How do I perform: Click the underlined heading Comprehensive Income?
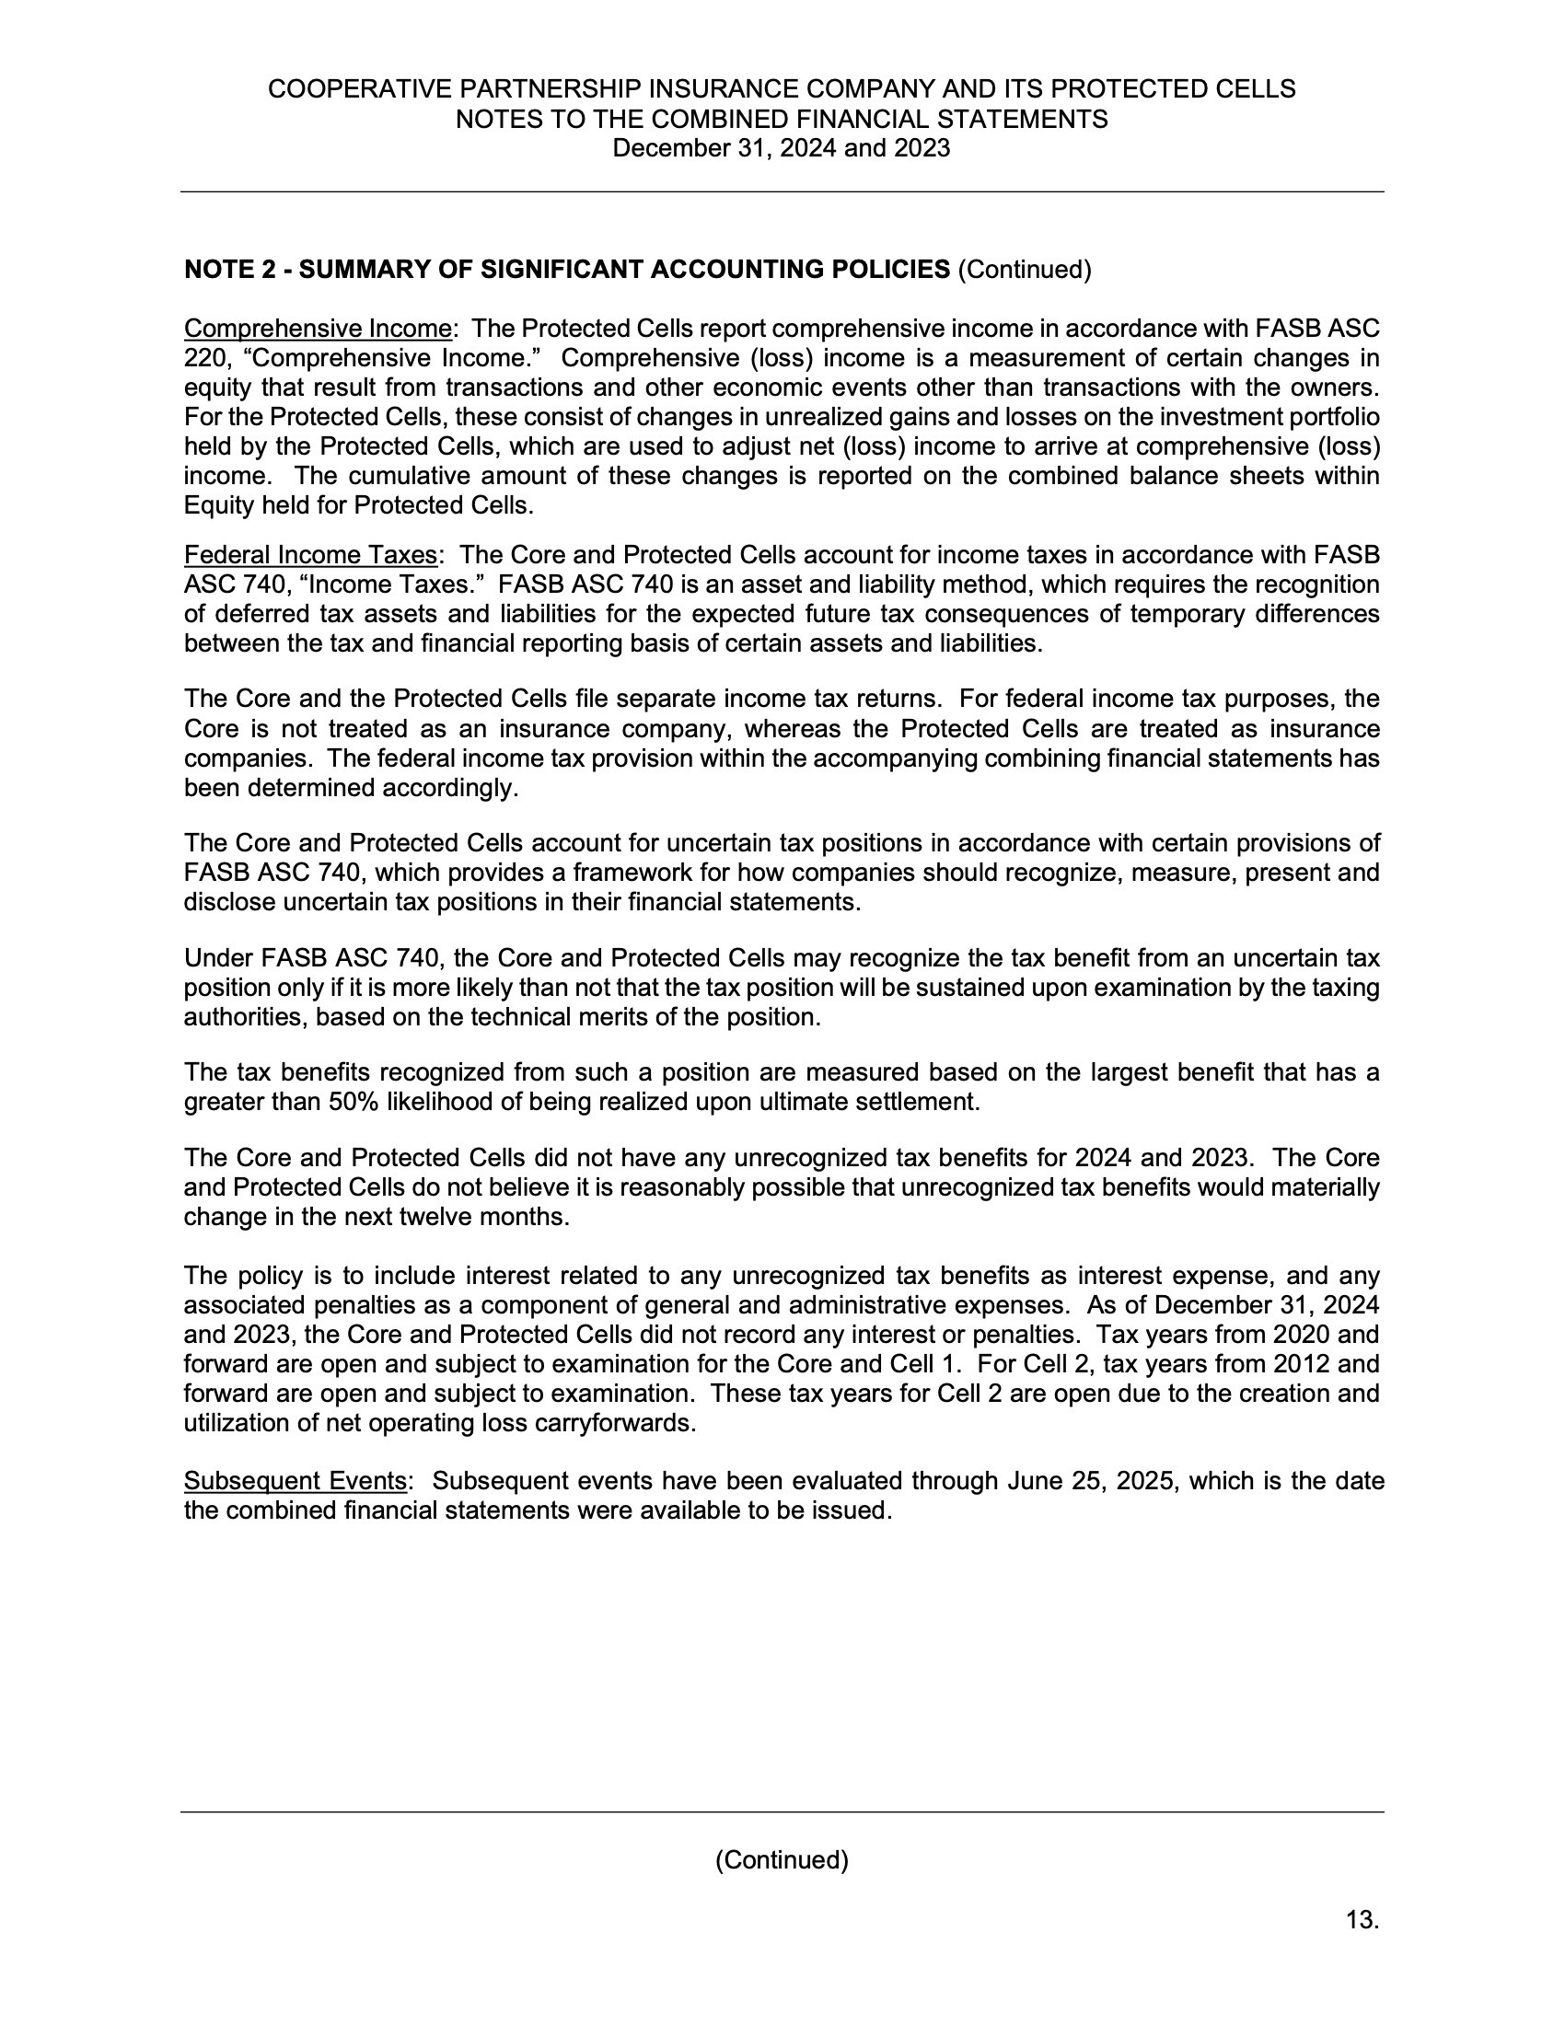318,329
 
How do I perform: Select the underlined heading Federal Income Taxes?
310,554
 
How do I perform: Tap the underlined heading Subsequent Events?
295,1481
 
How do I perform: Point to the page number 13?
1362,1920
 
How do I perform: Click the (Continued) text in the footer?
782,1860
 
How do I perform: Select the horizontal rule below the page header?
782,192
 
